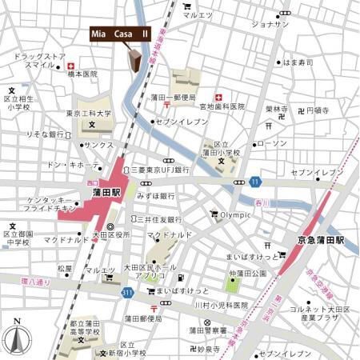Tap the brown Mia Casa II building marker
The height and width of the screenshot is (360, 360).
[x=134, y=61]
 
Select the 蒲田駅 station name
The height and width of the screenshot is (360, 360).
[x=104, y=193]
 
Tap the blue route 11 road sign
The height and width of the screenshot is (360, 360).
[x=254, y=181]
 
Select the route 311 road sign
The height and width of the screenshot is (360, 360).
[x=127, y=294]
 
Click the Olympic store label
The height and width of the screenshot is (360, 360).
[x=234, y=214]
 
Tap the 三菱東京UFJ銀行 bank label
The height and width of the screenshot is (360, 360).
[x=160, y=170]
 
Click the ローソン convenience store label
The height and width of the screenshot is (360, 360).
[x=273, y=143]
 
